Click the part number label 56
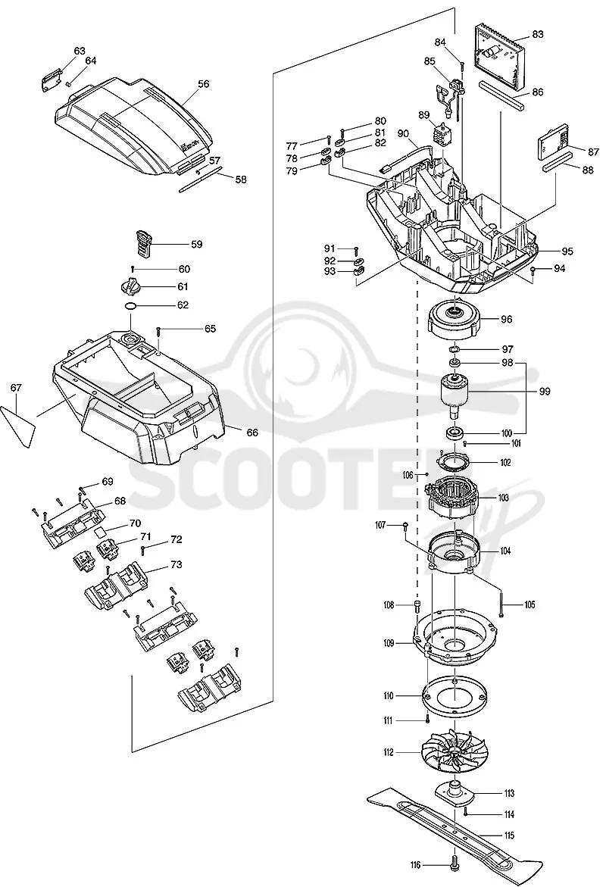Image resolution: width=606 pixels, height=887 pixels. [203, 84]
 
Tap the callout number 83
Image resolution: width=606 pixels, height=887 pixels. [538, 34]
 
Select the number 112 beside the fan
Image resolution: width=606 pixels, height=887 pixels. [388, 752]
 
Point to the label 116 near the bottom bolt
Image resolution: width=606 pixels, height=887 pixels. [417, 864]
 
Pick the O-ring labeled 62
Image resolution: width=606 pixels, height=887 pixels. [131, 306]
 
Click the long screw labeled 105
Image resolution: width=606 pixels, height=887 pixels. [501, 604]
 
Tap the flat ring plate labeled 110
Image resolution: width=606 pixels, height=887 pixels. [454, 695]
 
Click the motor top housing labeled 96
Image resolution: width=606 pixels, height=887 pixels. [454, 318]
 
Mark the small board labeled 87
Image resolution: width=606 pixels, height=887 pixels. [553, 143]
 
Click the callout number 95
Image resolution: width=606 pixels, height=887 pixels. [567, 251]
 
